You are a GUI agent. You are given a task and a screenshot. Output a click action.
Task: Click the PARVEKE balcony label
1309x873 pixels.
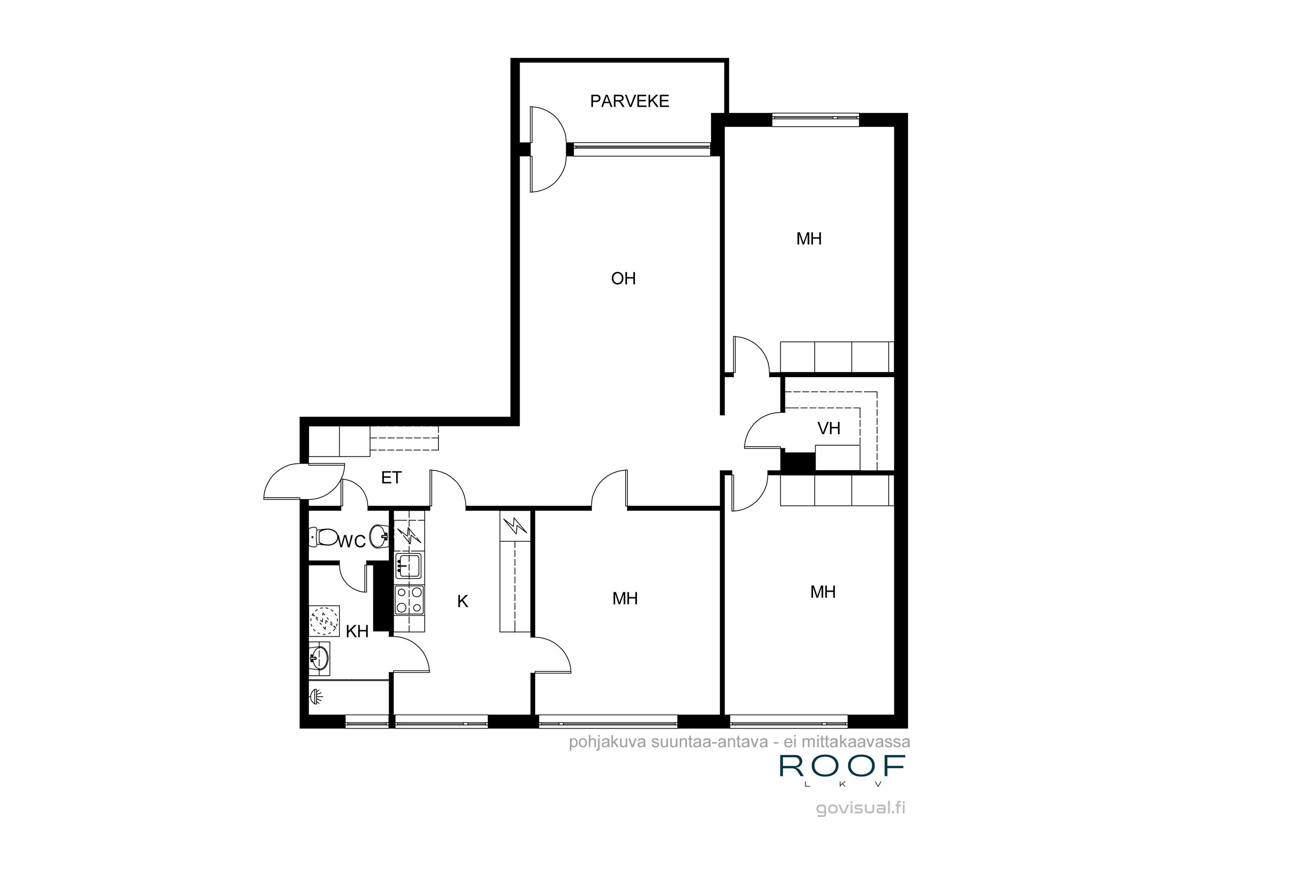(630, 101)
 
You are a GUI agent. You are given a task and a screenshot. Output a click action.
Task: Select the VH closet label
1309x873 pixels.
(828, 428)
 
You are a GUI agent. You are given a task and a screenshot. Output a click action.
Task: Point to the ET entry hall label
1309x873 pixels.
(391, 478)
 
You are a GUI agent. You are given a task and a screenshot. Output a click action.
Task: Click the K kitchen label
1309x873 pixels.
(463, 601)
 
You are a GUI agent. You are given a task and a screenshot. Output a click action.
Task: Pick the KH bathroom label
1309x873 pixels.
(357, 631)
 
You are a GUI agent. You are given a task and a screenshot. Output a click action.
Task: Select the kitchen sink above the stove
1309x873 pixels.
(408, 565)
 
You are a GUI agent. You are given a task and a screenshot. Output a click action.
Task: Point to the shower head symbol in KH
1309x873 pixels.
(316, 695)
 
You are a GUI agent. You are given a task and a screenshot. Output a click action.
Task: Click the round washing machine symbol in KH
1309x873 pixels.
(324, 620)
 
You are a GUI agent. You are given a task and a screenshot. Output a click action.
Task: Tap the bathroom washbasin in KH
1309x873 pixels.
(319, 659)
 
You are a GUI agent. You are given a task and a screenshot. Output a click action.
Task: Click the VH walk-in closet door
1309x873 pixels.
(764, 430)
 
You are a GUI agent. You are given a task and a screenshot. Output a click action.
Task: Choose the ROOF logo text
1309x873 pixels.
(842, 766)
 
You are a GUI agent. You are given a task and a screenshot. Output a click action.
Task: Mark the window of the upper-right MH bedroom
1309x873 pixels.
(816, 117)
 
